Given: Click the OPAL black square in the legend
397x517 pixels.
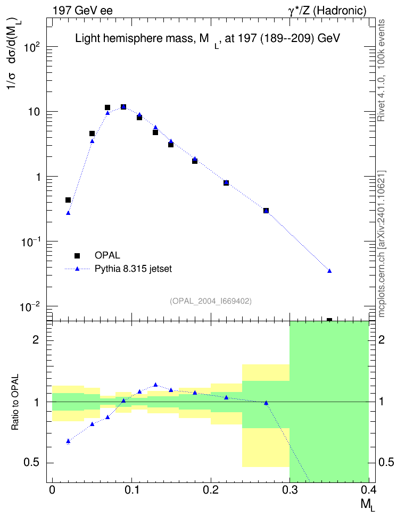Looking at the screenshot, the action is click(x=77, y=255).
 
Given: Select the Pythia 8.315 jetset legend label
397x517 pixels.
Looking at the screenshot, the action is click(x=134, y=269).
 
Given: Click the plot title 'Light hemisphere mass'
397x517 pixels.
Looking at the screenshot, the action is click(x=134, y=39).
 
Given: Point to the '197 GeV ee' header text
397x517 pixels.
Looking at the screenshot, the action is click(x=82, y=11).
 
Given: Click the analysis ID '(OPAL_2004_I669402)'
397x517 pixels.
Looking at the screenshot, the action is click(x=211, y=301).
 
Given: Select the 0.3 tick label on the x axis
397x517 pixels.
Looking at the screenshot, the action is click(x=290, y=490).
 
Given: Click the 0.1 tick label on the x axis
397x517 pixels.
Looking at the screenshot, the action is click(x=131, y=490).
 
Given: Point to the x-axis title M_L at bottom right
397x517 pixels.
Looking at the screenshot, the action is click(x=368, y=505).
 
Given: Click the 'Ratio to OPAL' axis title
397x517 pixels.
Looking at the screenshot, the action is click(x=15, y=402).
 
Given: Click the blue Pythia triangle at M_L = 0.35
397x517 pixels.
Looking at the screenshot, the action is click(x=329, y=271).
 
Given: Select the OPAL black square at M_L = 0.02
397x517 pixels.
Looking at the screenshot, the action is click(x=68, y=200).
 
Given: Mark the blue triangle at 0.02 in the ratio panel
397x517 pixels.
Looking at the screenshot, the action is click(x=68, y=441).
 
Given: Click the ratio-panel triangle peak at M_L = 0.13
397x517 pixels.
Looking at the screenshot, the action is click(x=155, y=385).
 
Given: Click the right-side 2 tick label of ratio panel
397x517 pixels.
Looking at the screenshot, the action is click(x=382, y=339).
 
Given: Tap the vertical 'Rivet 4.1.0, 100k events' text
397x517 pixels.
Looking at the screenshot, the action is click(x=381, y=70).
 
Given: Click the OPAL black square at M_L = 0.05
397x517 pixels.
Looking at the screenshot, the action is click(x=92, y=134).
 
